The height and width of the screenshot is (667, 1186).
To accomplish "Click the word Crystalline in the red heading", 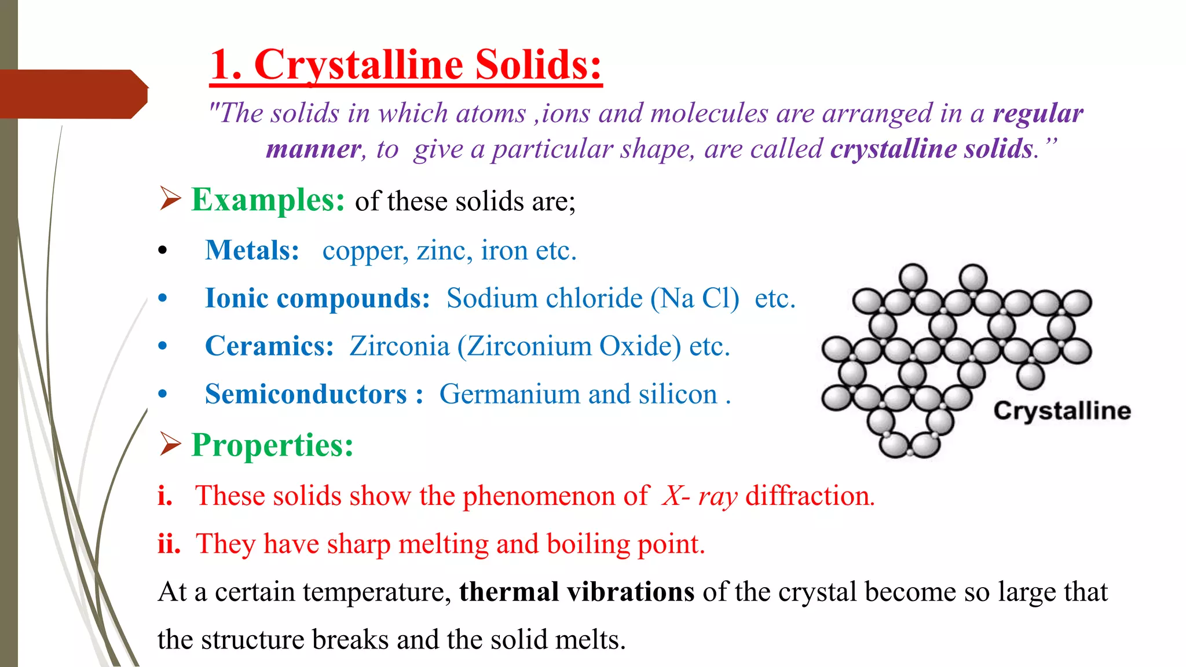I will (360, 65).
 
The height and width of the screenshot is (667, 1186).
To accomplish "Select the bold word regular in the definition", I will (1038, 113).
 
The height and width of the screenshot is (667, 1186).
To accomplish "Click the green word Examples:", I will (268, 200).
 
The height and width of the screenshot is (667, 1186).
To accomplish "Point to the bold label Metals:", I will (252, 251).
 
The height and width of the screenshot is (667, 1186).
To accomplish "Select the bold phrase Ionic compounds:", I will (317, 299).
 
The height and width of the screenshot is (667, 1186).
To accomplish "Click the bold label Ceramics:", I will (269, 346).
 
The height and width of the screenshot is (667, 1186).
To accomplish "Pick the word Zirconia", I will (400, 346).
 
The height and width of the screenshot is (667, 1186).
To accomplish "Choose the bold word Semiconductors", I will (306, 394).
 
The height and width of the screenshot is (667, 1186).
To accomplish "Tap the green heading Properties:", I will (272, 445).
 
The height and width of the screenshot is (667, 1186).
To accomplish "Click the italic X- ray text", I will (700, 496).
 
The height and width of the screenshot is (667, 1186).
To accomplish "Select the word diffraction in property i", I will (810, 496).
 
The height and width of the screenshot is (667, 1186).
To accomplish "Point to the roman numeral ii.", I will (169, 544).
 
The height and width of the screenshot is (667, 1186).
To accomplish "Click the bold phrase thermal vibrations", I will (577, 592).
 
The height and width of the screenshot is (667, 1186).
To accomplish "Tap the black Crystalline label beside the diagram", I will (1062, 411).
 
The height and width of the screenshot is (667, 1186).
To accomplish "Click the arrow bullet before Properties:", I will (170, 444).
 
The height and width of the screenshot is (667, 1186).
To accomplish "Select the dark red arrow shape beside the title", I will (74, 94).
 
